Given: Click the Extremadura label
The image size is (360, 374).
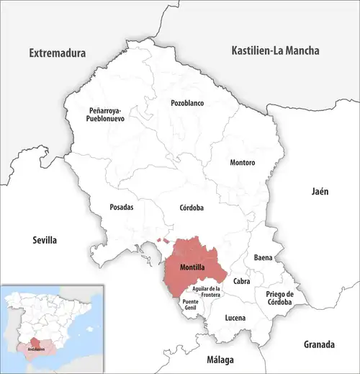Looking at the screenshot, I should tap(57, 53).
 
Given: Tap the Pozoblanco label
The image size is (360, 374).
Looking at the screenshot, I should tap(187, 103).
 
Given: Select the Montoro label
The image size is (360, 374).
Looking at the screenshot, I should tap(242, 163).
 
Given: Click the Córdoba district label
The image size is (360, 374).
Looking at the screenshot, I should tap(192, 208).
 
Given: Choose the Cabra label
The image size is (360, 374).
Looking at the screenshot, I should tap(241, 281).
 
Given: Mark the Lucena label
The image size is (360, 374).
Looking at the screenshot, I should tap(235, 318).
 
